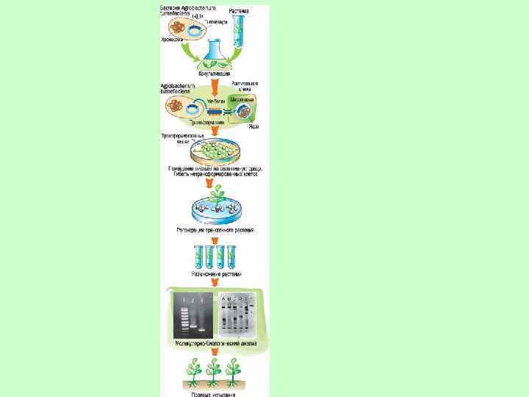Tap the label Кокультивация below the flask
click(x=214, y=74)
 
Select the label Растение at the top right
click(x=239, y=11)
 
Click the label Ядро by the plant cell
click(x=253, y=126)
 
